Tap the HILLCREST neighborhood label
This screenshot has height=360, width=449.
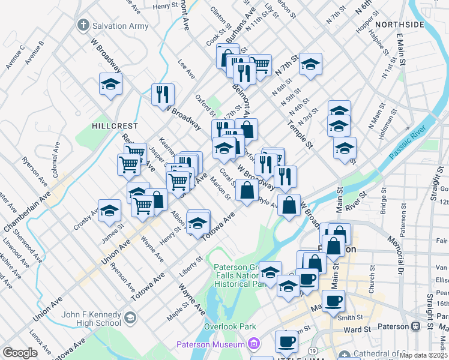click(115, 127)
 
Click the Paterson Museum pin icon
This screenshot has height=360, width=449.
click(254, 344)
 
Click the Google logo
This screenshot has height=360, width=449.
click(20, 352)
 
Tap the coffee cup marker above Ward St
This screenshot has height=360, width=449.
click(333, 300)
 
